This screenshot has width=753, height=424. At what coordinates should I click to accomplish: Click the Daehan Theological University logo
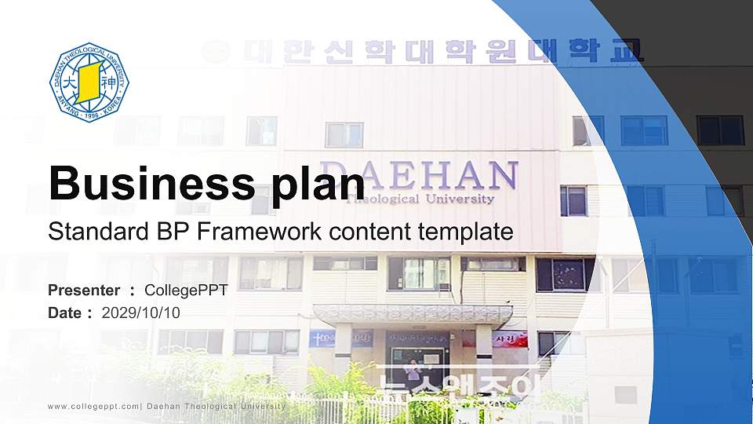click(x=89, y=82)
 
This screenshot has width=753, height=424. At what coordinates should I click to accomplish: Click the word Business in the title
click(x=150, y=184)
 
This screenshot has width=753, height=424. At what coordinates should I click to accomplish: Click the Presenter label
click(x=84, y=291)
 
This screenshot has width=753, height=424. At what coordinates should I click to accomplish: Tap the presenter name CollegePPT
click(x=186, y=291)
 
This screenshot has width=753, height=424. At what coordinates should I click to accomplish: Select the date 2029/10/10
click(x=141, y=313)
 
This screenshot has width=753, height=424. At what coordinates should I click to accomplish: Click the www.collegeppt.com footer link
click(x=93, y=406)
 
